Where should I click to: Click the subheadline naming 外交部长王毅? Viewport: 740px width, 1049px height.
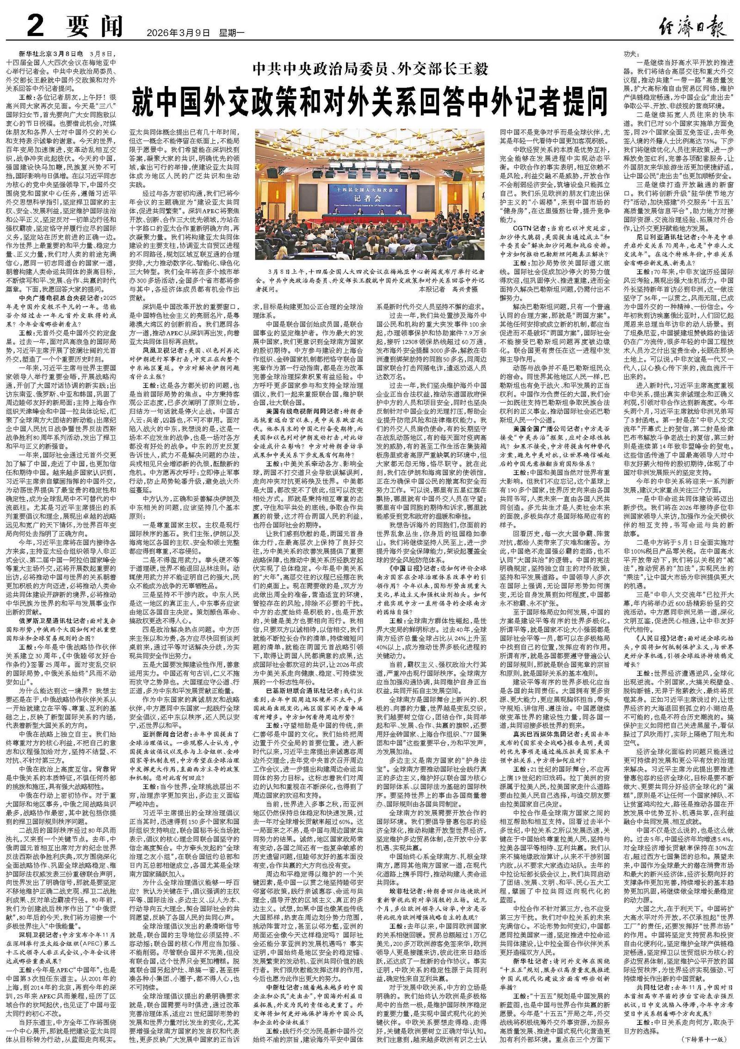click(x=370, y=70)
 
